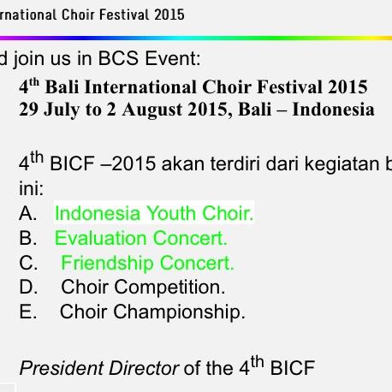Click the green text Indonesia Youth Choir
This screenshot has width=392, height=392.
(154, 213)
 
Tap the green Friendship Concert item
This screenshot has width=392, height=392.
(147, 263)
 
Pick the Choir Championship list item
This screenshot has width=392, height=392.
(152, 312)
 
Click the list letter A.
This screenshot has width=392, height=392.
(27, 213)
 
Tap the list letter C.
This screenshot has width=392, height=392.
(27, 263)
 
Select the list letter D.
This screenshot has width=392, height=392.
(27, 288)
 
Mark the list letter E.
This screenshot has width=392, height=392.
(27, 312)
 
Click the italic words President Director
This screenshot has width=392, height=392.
(99, 369)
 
